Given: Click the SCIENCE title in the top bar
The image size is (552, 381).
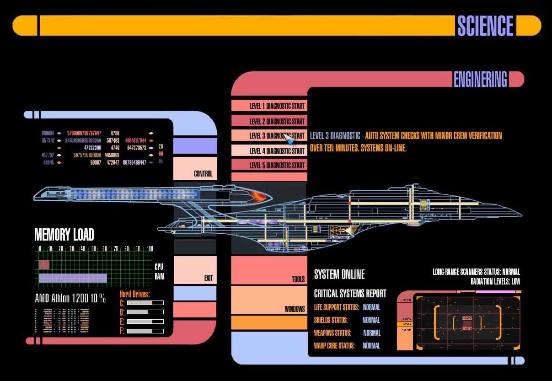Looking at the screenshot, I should pos(485,26).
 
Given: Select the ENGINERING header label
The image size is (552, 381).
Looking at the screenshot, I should pos(480,80).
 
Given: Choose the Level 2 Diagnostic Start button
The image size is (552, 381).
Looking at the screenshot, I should pos(269,121).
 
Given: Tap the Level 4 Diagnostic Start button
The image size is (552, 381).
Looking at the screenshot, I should pos(269,151).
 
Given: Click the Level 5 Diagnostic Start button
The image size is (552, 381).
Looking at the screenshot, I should pos(269,165).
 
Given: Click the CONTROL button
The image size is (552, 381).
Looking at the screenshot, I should pos(195,168).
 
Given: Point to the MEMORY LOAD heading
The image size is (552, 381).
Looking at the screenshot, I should pos(64,235).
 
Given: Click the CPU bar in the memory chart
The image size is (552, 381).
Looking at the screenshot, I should pos(44,265).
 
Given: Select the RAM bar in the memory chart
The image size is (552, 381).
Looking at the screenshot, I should pos(73,278).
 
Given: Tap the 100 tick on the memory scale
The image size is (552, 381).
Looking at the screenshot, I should pos(150,249).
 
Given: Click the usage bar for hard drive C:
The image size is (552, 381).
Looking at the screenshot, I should pos(145,303).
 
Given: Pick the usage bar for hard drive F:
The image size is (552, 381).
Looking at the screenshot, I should pos(145,331).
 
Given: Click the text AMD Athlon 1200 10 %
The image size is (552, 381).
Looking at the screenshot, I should pos(70,299).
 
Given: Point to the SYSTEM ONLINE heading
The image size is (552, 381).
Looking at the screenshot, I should pos(339,274).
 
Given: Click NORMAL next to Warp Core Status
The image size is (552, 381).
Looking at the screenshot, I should pos(371,346).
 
